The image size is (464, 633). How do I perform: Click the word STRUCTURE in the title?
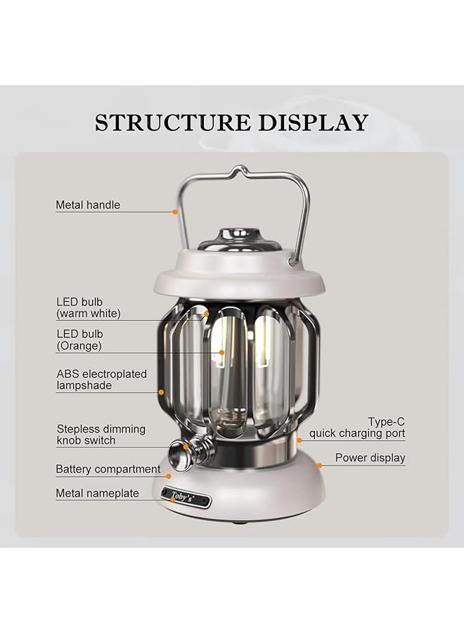(172, 122)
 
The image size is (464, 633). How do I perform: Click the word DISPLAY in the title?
(312, 122)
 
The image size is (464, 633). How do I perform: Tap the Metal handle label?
(88, 205)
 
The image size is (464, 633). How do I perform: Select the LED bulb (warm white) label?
(89, 308)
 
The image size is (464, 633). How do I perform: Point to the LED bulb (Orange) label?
(79, 340)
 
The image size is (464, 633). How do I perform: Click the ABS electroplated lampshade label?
(101, 380)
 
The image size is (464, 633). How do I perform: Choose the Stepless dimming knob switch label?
(101, 435)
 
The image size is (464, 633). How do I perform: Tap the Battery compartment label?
(108, 469)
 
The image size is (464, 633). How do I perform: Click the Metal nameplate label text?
(97, 494)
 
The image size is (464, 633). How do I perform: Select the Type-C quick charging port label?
(357, 428)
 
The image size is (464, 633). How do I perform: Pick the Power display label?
(370, 458)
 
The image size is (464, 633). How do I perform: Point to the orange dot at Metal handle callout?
(175, 211)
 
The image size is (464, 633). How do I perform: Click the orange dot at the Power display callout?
(319, 465)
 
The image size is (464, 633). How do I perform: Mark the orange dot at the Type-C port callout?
(299, 440)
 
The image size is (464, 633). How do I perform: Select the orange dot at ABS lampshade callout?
(161, 391)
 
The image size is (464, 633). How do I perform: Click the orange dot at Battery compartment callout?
(169, 476)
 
